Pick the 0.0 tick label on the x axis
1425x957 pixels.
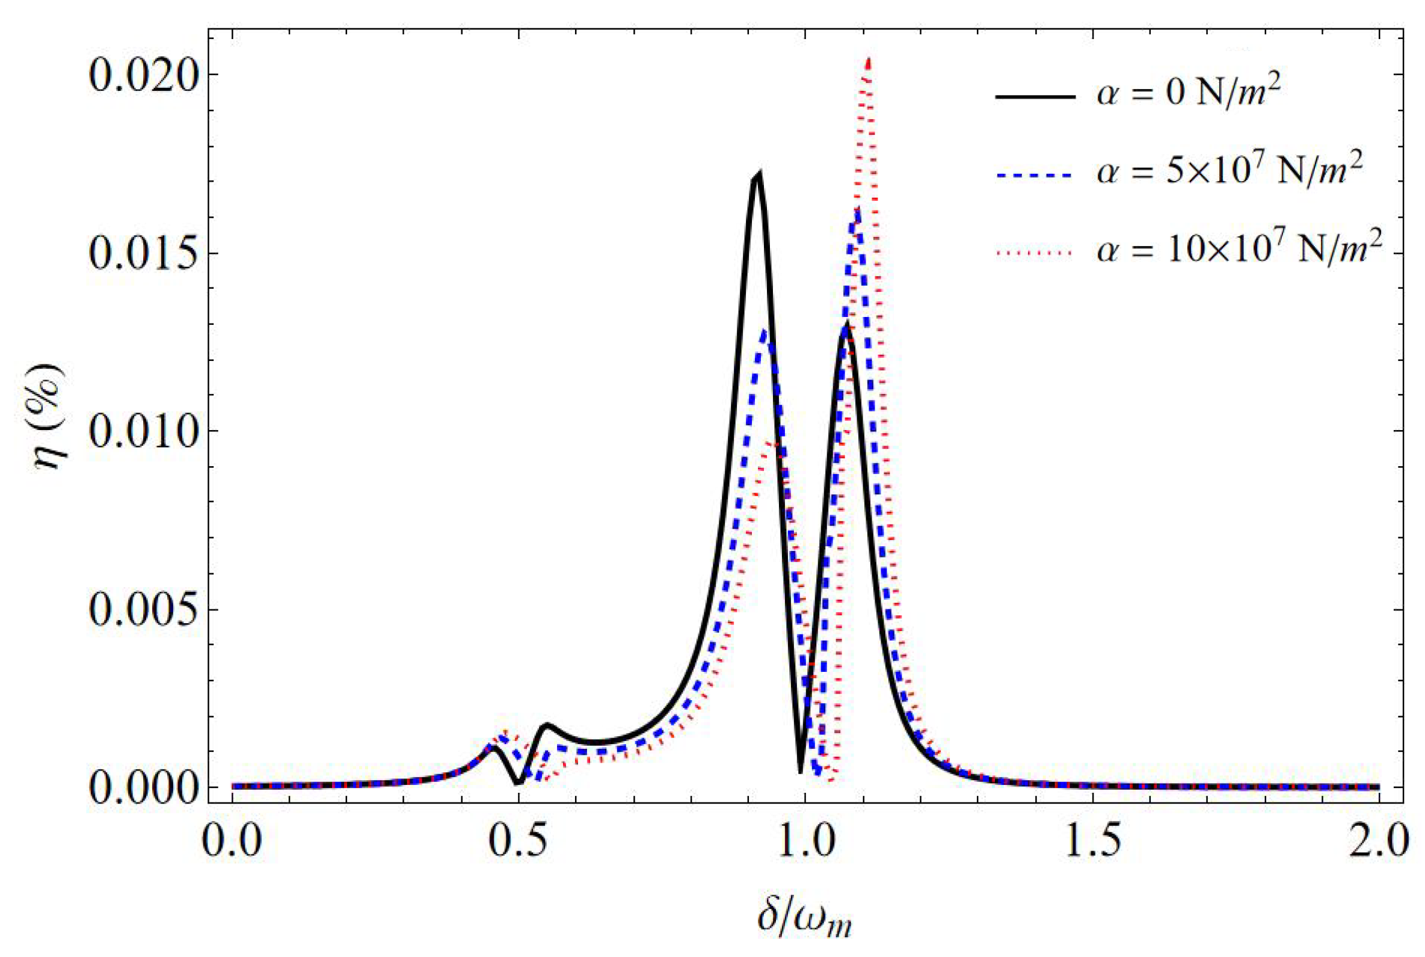[233, 842]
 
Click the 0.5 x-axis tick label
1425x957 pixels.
[519, 842]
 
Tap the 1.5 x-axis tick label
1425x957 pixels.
[1092, 842]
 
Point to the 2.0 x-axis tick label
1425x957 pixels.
[1378, 842]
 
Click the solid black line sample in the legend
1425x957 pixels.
[1035, 96]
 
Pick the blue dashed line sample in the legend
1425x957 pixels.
[1035, 174]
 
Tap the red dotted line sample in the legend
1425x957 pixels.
[1035, 252]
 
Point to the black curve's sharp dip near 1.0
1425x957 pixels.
[800, 772]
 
